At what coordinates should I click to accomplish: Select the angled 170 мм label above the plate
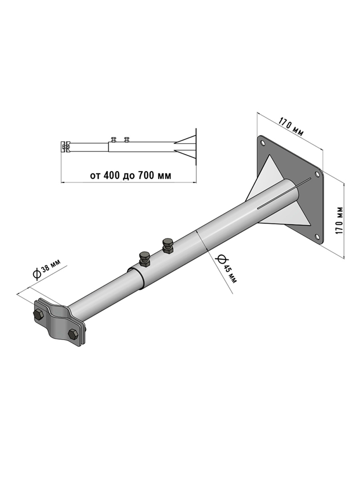pyautogui.click(x=291, y=127)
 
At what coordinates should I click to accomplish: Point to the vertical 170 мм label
pyautogui.click(x=339, y=220)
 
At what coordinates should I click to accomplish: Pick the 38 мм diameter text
pyautogui.click(x=51, y=266)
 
